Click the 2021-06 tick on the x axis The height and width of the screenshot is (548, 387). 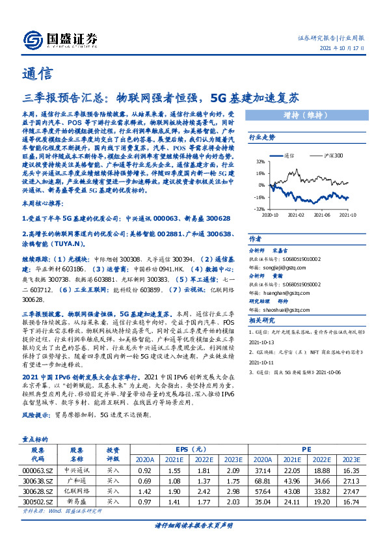pos(323,213)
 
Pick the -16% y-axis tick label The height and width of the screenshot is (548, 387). pos(259,197)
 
